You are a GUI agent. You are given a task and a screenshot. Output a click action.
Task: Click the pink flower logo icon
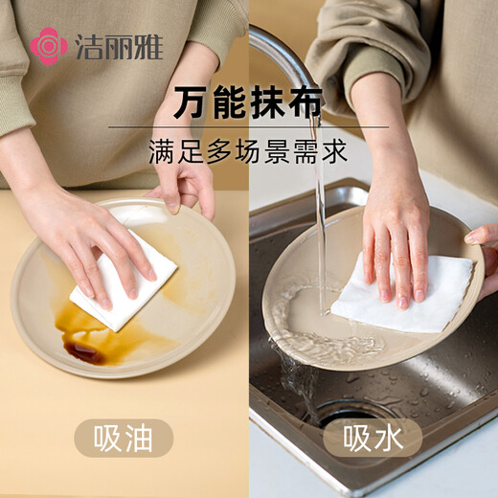point(48,46)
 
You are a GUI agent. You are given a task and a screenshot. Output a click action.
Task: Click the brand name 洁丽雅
point(119,47)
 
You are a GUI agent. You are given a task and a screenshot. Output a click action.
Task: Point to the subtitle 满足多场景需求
point(248,150)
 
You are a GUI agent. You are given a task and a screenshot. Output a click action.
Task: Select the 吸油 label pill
point(124,438)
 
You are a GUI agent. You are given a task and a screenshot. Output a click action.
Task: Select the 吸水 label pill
point(373,438)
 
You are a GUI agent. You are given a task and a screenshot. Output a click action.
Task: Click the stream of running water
point(320,211)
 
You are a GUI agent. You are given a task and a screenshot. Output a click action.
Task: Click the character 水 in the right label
point(391,438)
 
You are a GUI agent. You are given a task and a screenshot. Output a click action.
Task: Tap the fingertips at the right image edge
point(484,239)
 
